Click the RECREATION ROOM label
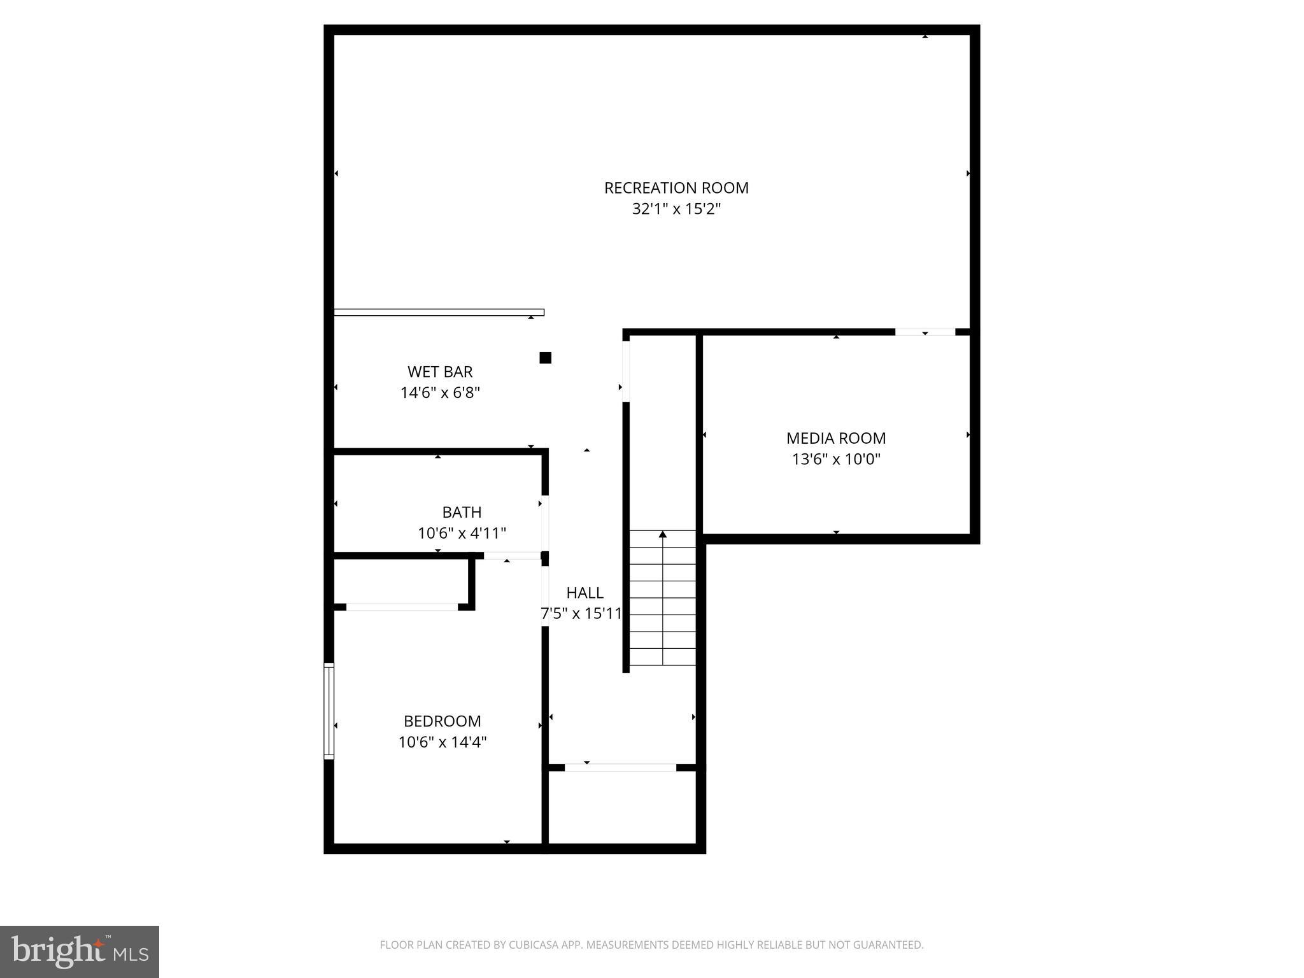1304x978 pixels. click(676, 188)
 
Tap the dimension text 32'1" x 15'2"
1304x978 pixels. click(676, 209)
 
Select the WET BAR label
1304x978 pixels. click(440, 372)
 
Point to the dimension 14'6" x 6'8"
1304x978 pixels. click(440, 393)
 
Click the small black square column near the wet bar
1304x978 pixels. click(545, 358)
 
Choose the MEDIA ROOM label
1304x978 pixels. click(835, 438)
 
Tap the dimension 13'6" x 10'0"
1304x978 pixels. click(835, 459)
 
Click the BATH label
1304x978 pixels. click(462, 512)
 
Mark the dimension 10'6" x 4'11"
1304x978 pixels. click(462, 533)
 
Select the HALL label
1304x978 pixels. click(585, 593)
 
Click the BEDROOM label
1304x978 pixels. click(442, 721)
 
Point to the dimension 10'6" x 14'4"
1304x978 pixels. click(442, 742)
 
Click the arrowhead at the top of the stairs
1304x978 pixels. click(663, 534)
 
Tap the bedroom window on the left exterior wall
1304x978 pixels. click(329, 711)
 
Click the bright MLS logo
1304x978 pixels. click(79, 951)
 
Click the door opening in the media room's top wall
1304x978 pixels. click(925, 332)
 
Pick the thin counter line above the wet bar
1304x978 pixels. click(439, 312)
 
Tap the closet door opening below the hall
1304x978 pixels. click(620, 767)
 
